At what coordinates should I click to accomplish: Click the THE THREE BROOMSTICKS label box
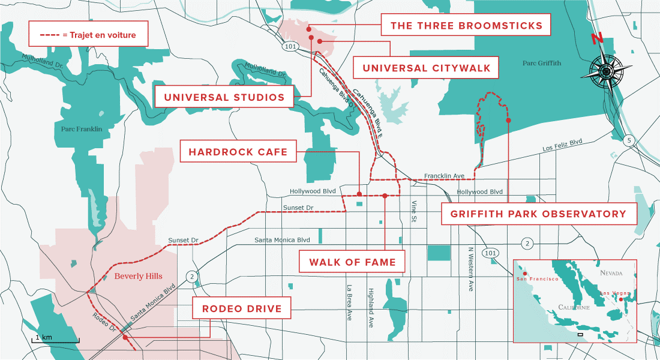[x=466, y=26]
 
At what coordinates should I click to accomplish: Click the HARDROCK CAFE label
[x=238, y=152]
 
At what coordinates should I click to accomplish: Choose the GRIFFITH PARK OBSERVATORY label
[x=539, y=214]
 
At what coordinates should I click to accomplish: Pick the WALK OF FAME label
[x=352, y=262]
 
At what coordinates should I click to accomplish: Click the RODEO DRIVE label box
[x=242, y=309]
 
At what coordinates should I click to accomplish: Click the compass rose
[x=605, y=71]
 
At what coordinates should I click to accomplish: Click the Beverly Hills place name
[x=138, y=276]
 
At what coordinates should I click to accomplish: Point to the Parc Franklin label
[x=82, y=129]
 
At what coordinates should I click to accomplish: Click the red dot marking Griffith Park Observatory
[x=508, y=121]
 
